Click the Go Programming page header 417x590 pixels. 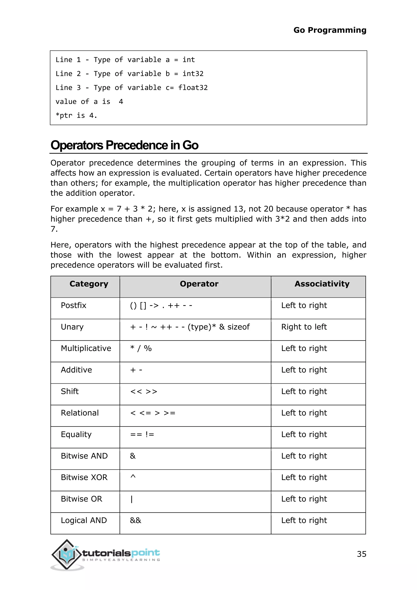point(330,30)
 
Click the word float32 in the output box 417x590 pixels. point(193,88)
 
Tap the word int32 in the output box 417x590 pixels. point(193,74)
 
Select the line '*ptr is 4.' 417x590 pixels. point(76,116)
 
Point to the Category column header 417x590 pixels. point(89,284)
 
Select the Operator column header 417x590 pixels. point(199,284)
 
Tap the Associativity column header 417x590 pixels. point(322,284)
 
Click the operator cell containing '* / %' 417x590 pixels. point(141,348)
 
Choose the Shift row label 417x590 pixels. point(70,391)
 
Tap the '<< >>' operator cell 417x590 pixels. point(144,392)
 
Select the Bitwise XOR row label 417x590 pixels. point(84,478)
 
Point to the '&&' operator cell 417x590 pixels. point(136,520)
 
